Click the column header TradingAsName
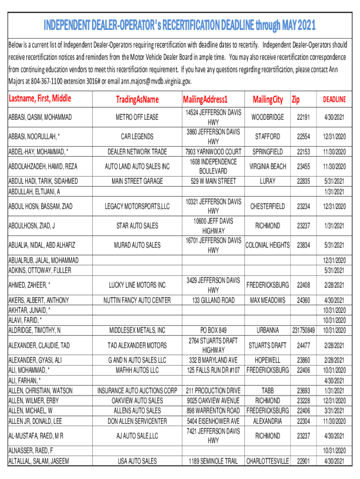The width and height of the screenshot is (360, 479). pos(137,99)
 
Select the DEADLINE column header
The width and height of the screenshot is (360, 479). pos(334,99)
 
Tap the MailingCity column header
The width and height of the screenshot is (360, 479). pos(267,99)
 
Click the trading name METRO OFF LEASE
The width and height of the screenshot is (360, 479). pos(137,117)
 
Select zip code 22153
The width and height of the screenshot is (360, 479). pos(303,152)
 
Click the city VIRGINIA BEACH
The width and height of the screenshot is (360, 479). pos(267,166)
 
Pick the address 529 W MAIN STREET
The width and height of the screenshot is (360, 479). pos(213,181)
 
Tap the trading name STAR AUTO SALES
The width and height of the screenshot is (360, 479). pos(137,226)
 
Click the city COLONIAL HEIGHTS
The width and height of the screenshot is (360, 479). pos(267,245)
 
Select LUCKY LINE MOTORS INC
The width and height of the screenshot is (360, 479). pos(137,285)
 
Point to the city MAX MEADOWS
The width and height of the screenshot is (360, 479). pos(267,300)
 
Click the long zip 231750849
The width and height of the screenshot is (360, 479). pos(303,330)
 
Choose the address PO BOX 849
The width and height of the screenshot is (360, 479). pos(213,330)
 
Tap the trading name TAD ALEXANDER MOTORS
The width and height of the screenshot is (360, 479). pos(137,345)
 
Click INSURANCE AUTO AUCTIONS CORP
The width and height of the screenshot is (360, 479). pos(137,391)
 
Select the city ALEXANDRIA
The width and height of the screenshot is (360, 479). pos(267,421)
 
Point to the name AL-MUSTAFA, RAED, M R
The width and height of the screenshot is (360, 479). pos(36,436)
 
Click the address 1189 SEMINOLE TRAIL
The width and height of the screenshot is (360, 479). pos(213,461)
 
